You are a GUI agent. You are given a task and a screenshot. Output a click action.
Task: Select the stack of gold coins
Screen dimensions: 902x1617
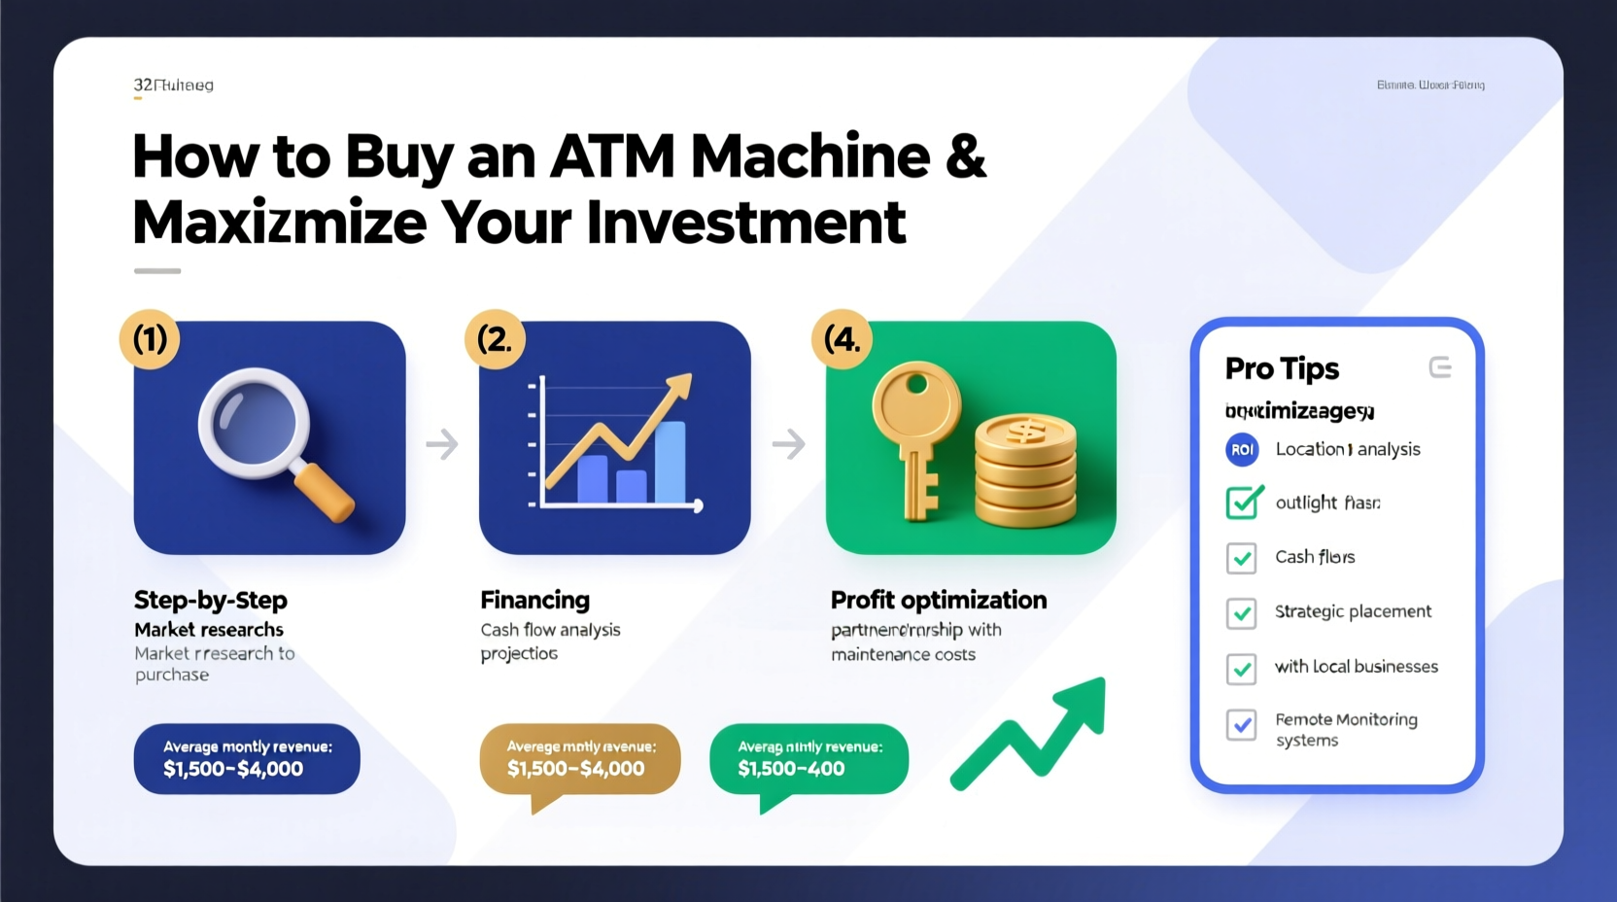pyautogui.click(x=1025, y=470)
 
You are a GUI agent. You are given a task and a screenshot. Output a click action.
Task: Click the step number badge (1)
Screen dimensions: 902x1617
pyautogui.click(x=150, y=339)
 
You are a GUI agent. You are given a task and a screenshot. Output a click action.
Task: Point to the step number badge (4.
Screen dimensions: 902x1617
pyautogui.click(x=842, y=339)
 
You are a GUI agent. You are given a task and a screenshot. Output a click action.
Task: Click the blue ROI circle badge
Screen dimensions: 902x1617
pyautogui.click(x=1242, y=449)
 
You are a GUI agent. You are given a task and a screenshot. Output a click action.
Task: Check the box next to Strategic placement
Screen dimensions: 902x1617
pyautogui.click(x=1241, y=613)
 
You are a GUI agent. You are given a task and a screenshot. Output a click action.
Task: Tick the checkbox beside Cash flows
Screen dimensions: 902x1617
pyautogui.click(x=1241, y=558)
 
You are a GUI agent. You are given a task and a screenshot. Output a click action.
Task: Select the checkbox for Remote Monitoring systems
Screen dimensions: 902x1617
pyautogui.click(x=1241, y=725)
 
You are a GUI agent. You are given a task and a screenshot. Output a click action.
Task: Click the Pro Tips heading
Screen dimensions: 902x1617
pyautogui.click(x=1282, y=369)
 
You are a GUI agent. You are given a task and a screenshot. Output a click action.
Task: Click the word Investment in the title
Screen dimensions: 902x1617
pyautogui.click(x=746, y=223)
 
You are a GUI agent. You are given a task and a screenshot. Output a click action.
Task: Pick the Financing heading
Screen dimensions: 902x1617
pyautogui.click(x=534, y=600)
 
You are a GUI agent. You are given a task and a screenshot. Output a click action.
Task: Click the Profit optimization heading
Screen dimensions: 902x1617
pyautogui.click(x=938, y=600)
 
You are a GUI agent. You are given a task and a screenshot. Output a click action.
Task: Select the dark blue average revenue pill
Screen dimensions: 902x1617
pyautogui.click(x=247, y=758)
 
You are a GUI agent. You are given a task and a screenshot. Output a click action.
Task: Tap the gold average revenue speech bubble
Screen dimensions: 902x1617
pyautogui.click(x=579, y=759)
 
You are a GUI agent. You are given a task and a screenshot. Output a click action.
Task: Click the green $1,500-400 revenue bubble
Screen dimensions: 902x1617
pyautogui.click(x=808, y=759)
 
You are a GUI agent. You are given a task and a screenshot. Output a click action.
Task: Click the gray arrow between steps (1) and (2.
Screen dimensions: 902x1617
pyautogui.click(x=442, y=444)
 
